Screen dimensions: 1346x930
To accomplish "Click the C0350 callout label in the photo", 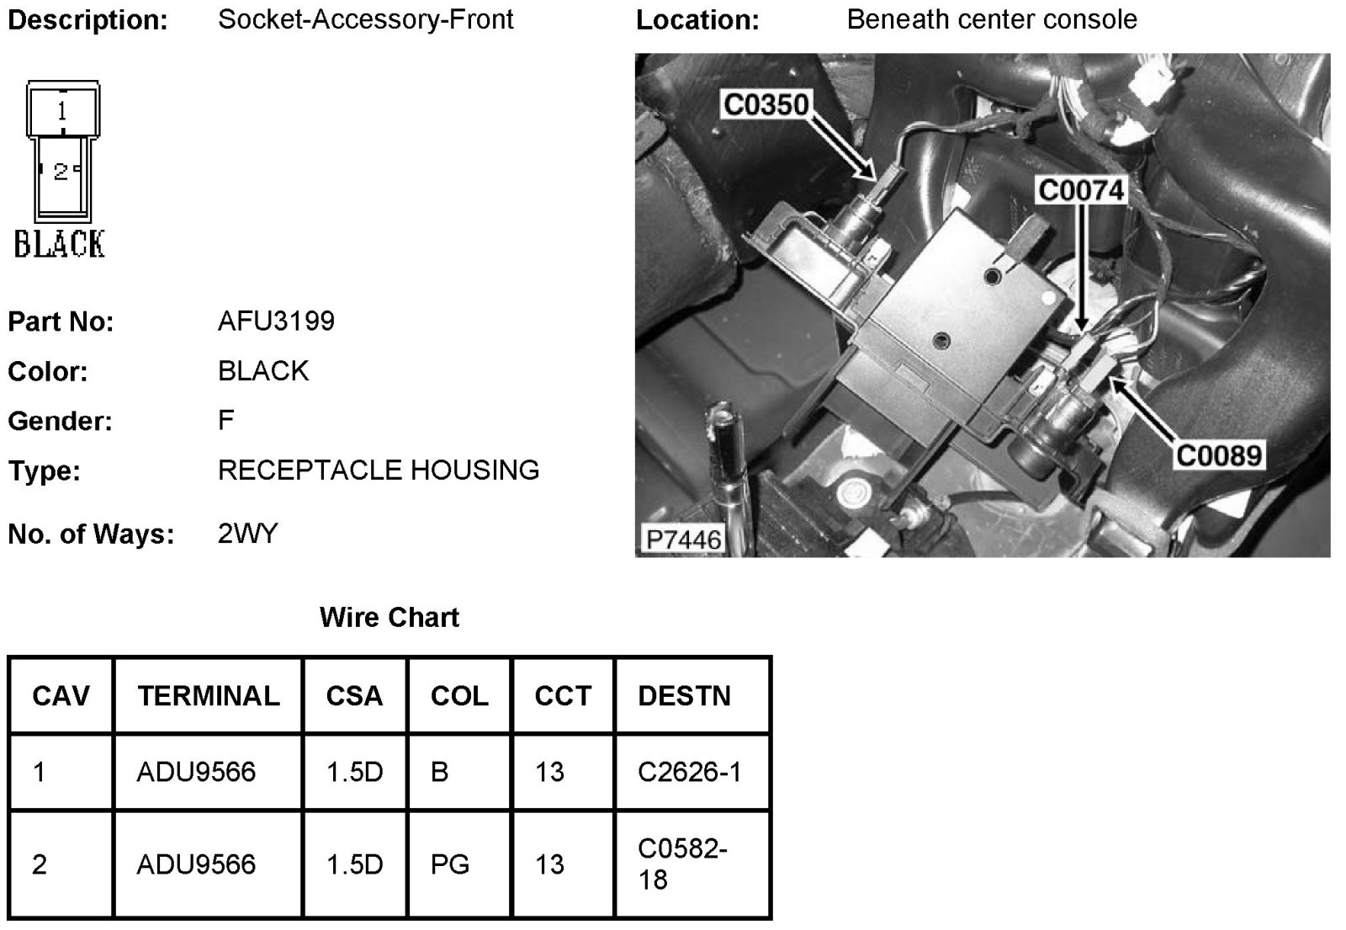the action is coord(766,104).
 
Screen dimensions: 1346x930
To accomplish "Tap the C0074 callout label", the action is coord(1081,190).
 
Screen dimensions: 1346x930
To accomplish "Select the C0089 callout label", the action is coord(1219,455).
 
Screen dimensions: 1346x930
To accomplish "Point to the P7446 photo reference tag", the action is coord(683,539).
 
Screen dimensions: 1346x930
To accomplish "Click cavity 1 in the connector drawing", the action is coord(62,110).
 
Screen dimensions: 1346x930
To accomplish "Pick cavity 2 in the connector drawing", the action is coord(61,173).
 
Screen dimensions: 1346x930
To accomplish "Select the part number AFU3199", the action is coord(276,321).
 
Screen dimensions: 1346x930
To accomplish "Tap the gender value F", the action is coord(225,420).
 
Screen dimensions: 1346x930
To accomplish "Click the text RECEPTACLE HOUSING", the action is coord(378,470).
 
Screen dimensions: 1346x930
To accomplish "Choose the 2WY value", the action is coord(247,534).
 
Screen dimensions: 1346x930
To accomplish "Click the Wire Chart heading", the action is coord(389,618).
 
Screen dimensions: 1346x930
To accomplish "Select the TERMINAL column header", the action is coord(209,696).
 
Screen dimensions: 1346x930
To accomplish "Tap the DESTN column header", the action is coord(684,696).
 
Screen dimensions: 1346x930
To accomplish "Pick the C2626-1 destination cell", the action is coord(689,772).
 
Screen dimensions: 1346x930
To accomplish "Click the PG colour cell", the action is coord(449,864).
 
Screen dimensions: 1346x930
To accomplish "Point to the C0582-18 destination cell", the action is coord(682,864).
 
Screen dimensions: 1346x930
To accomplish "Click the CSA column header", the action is coord(354,696).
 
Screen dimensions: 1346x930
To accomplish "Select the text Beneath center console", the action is coord(991,19).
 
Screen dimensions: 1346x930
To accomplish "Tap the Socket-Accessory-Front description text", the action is coord(365,19).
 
